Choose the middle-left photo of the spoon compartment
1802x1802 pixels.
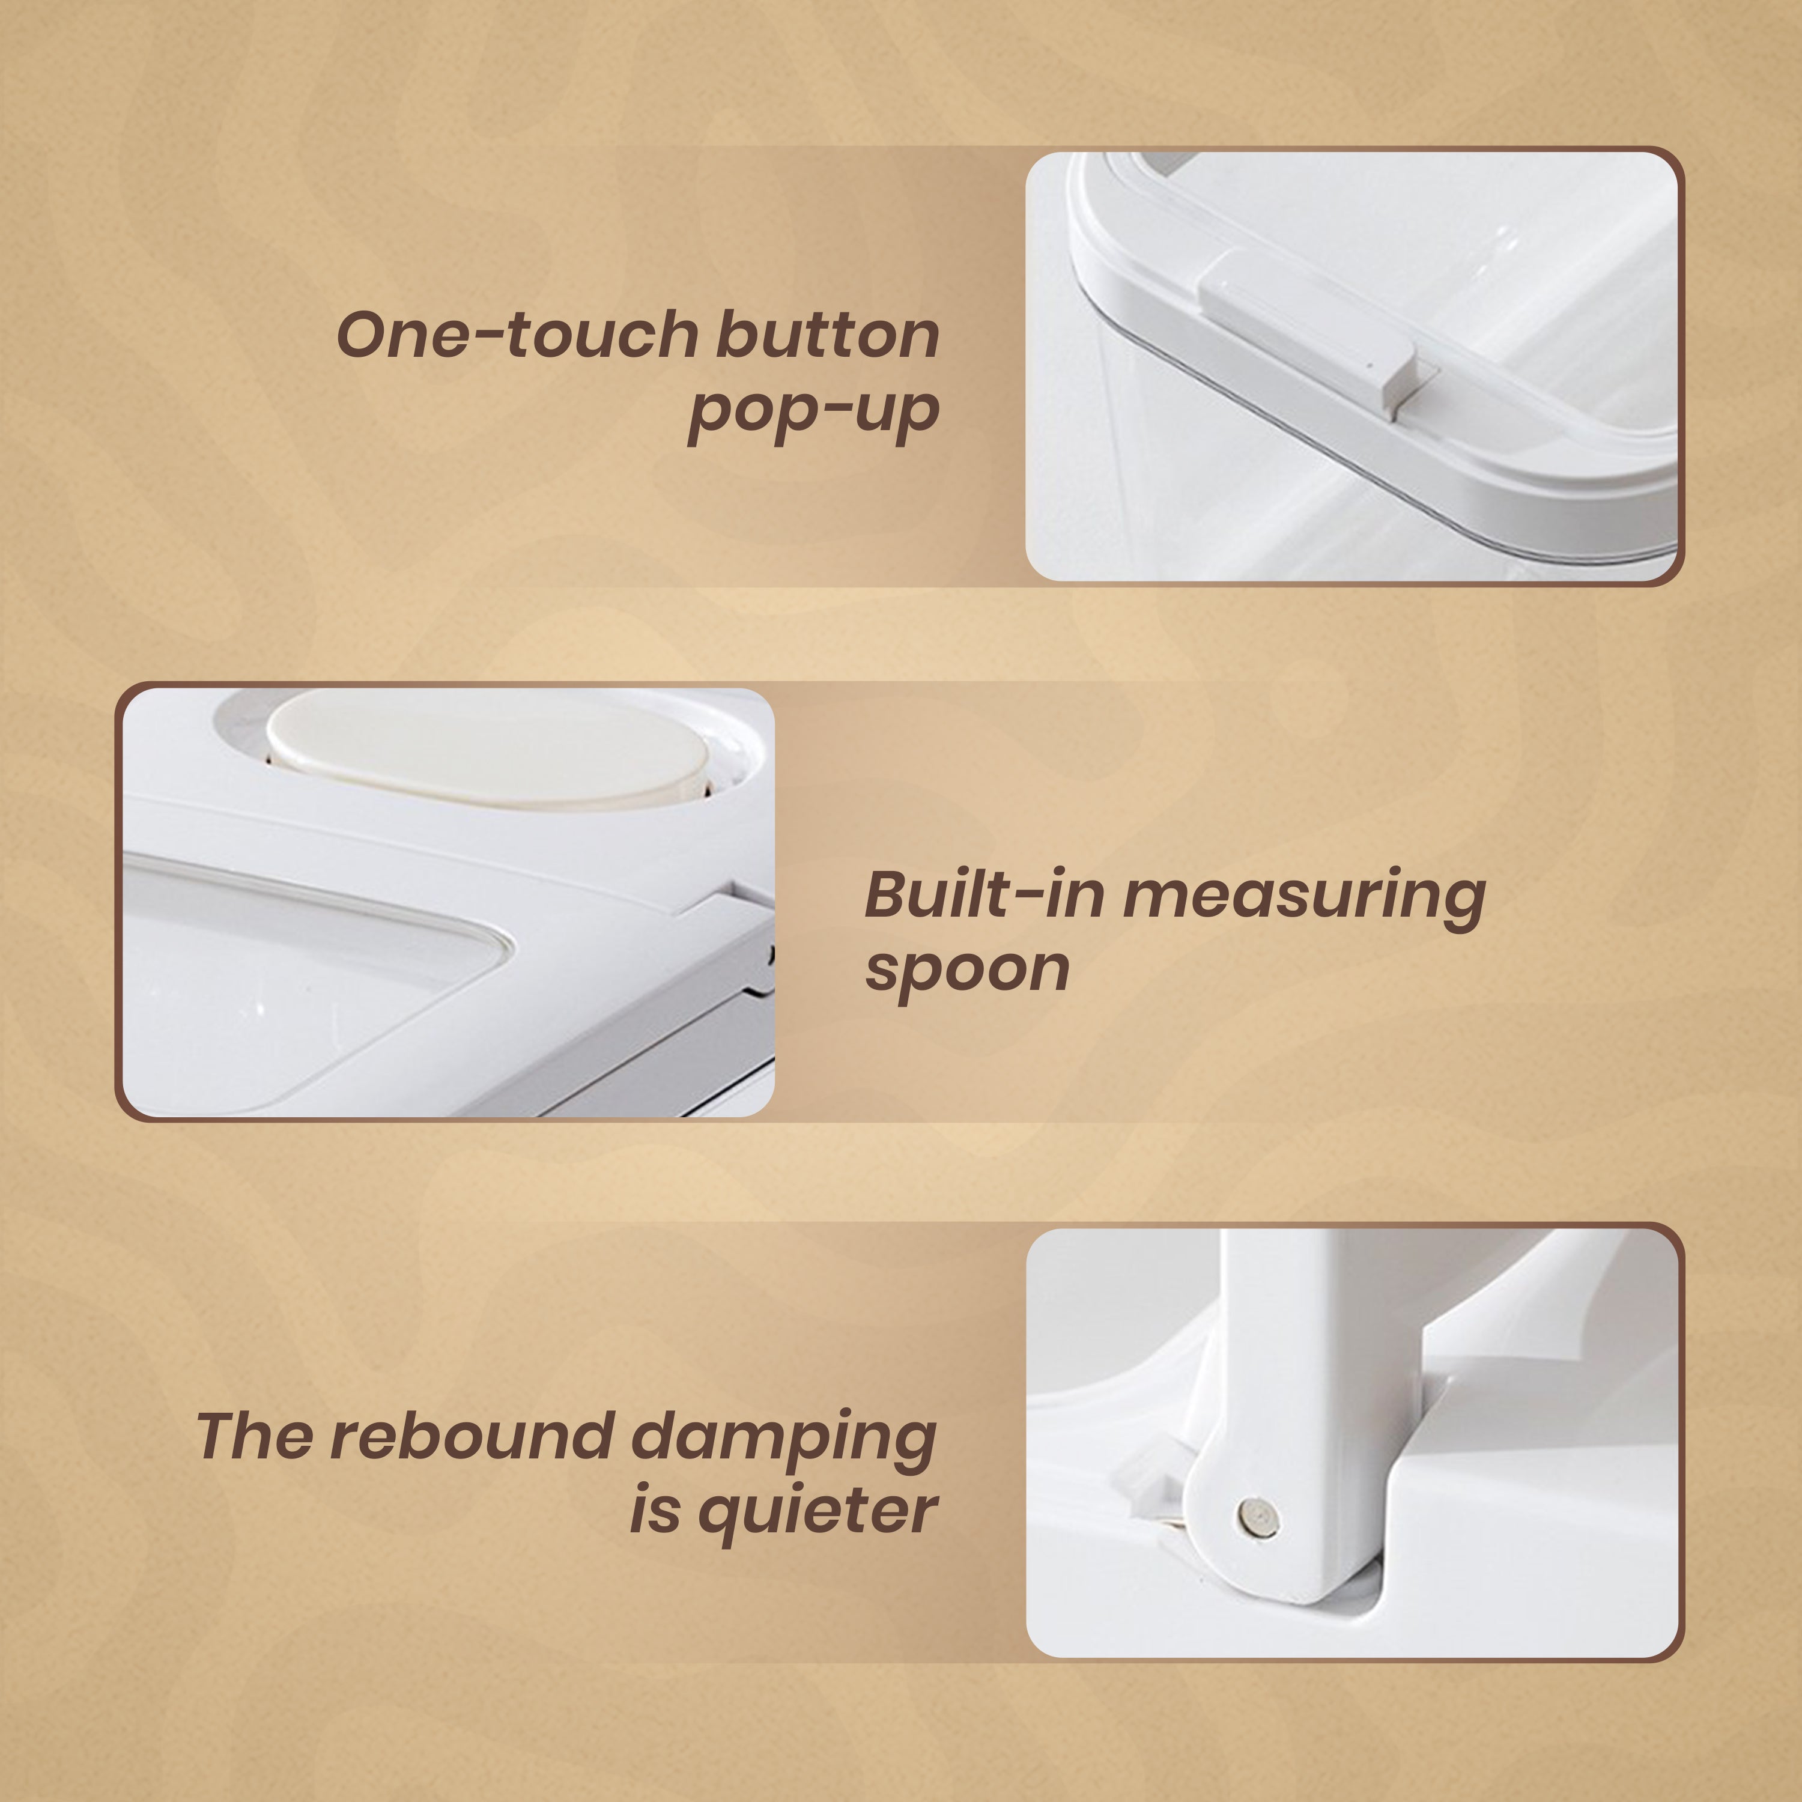click(x=449, y=902)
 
